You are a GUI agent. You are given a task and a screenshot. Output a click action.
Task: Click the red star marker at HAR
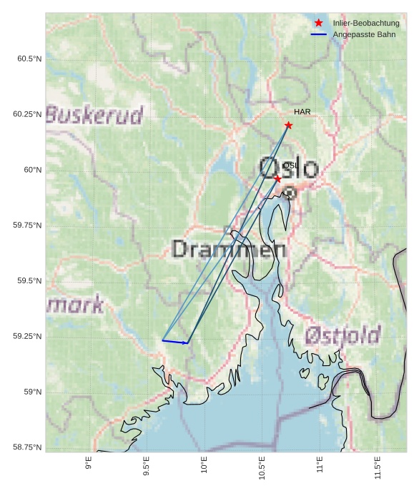[x=288, y=126]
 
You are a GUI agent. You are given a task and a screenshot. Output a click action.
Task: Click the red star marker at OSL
[x=277, y=178]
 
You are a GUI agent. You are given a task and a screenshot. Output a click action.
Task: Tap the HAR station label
[x=302, y=112]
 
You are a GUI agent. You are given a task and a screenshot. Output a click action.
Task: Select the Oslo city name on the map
[x=288, y=168]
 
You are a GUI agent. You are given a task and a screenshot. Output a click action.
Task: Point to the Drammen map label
[x=230, y=249]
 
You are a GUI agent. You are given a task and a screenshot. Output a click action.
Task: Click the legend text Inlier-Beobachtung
[x=366, y=24]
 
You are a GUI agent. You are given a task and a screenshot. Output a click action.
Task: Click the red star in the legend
[x=319, y=24]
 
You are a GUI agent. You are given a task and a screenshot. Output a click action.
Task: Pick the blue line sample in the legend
[x=319, y=35]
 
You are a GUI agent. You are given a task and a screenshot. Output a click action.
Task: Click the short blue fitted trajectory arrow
[x=175, y=342]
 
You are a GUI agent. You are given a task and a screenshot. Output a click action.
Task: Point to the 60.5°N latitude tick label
[x=29, y=59]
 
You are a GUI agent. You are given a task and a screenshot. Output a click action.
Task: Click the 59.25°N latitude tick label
[x=27, y=337]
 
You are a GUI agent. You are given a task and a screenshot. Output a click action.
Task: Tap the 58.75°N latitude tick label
[x=27, y=447]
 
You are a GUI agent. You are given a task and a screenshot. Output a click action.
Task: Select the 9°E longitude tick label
[x=89, y=464]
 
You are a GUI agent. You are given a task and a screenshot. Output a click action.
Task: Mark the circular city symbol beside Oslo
[x=289, y=192]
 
